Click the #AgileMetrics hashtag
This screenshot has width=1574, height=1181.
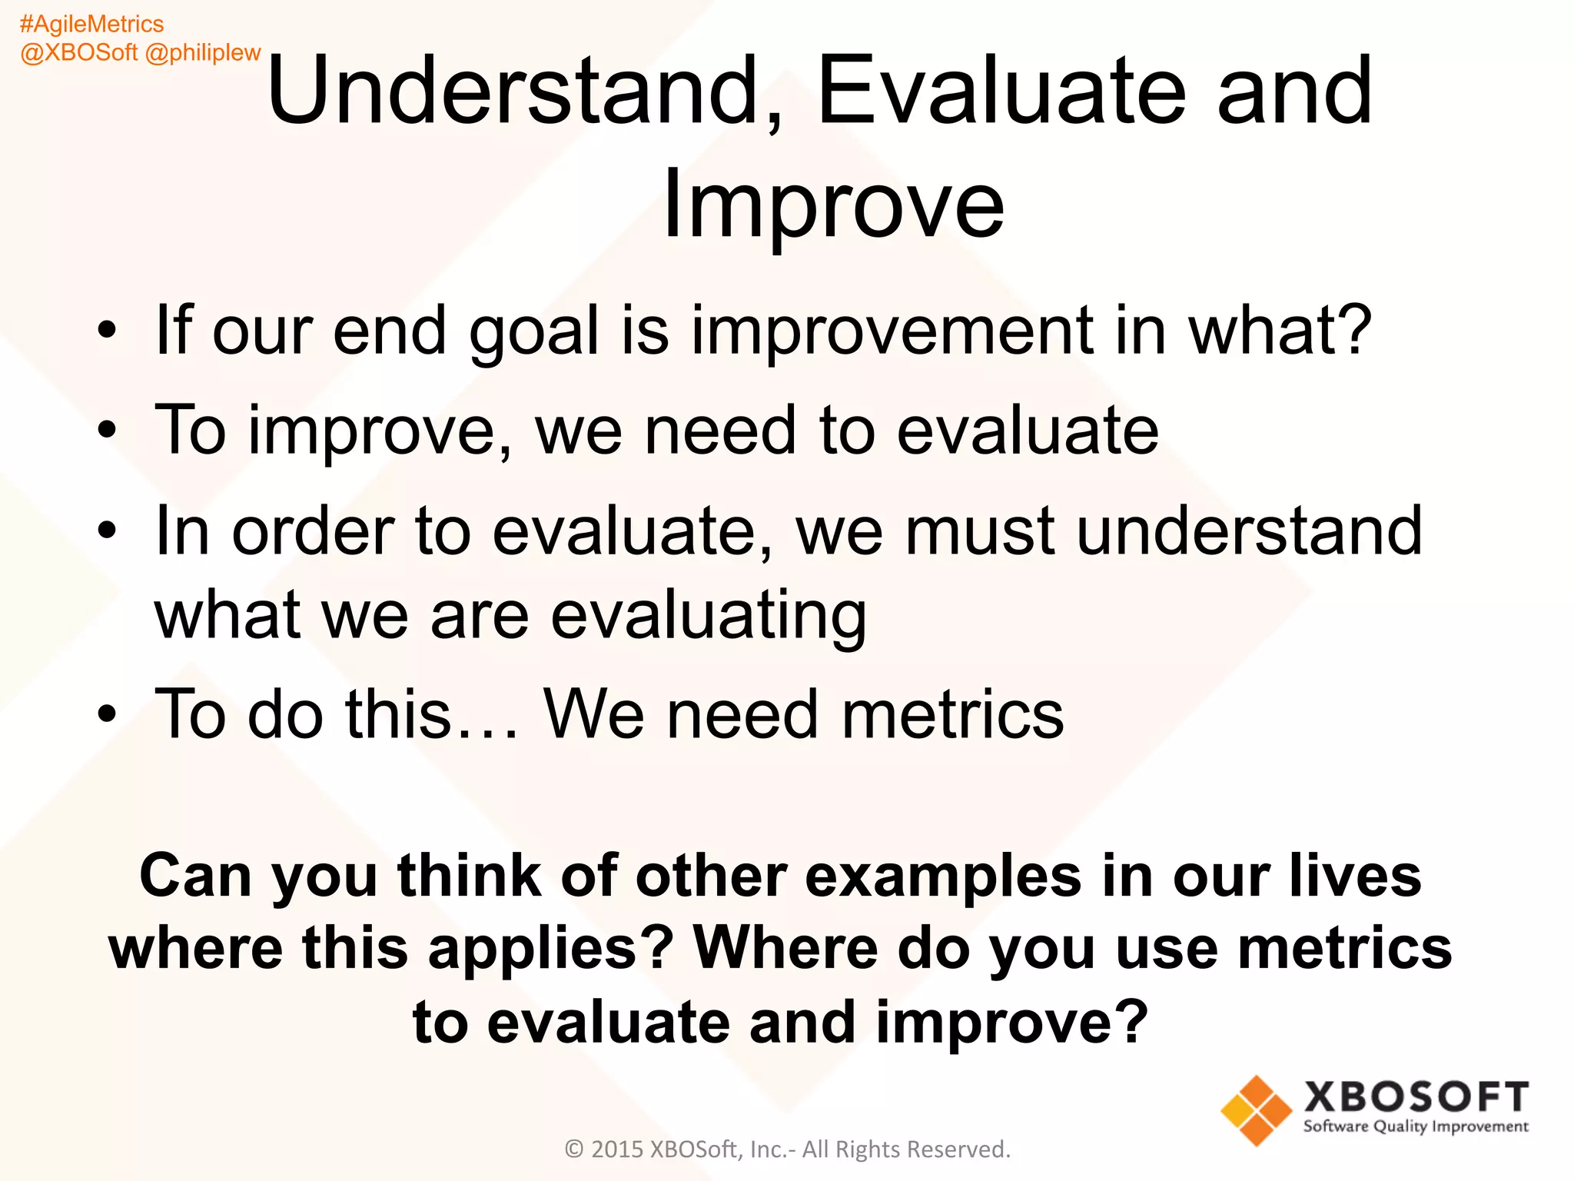91,25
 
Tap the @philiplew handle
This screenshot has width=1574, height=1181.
203,52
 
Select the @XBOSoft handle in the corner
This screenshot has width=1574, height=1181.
79,52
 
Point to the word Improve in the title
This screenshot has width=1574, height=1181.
833,205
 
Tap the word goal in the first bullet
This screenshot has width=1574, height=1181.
533,332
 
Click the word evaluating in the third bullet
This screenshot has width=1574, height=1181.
709,617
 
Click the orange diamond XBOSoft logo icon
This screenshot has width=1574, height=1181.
1256,1110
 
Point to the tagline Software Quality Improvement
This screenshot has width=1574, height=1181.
1416,1127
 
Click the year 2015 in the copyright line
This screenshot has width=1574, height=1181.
617,1149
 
